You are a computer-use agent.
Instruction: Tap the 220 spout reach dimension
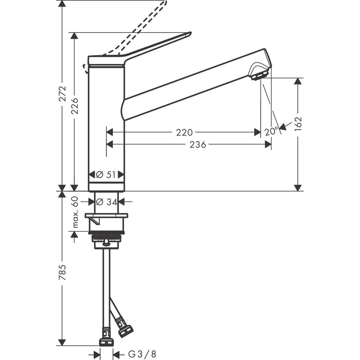click(x=184, y=132)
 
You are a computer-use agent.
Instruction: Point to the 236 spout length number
click(x=198, y=145)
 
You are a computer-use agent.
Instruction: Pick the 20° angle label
click(x=272, y=131)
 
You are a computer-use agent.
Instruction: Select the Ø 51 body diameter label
click(x=106, y=175)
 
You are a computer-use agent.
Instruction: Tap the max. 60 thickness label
click(x=75, y=212)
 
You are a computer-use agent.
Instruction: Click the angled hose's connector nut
click(x=126, y=331)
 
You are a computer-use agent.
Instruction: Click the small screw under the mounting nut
click(x=106, y=244)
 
